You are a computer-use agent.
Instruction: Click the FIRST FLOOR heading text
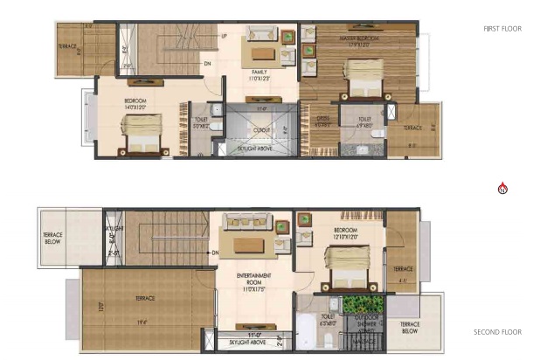[x=502, y=29]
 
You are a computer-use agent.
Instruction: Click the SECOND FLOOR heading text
[x=497, y=332]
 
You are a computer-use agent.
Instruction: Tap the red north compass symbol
[x=502, y=188]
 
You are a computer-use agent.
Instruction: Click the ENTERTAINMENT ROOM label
[x=254, y=278]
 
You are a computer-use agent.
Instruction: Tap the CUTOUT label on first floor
[x=261, y=128]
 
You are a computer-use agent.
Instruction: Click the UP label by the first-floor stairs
[x=225, y=36]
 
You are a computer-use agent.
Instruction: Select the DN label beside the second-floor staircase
[x=214, y=253]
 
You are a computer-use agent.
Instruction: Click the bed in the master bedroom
[x=360, y=77]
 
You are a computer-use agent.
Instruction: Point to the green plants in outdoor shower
[x=358, y=306]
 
